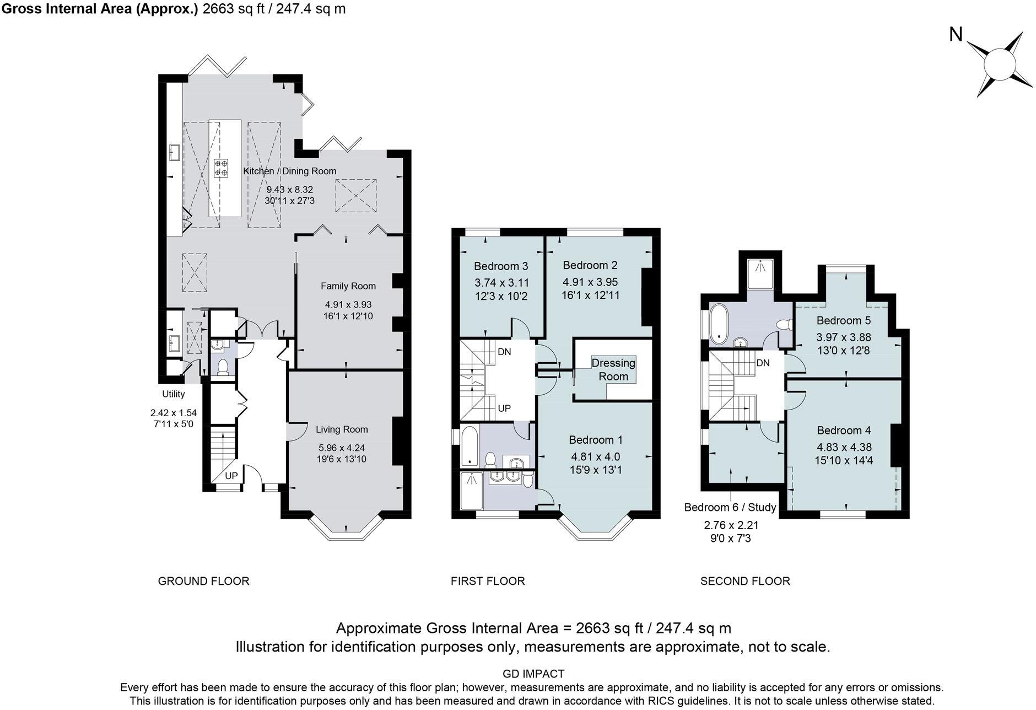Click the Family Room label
(x=348, y=286)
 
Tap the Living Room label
(x=342, y=429)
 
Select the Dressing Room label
(x=613, y=370)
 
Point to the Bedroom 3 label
(x=501, y=266)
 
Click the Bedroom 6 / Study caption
(x=730, y=507)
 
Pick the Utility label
(x=173, y=394)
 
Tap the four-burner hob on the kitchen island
(x=222, y=168)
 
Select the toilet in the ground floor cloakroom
(x=223, y=368)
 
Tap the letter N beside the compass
(x=956, y=35)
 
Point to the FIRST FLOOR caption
(x=488, y=581)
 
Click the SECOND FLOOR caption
(x=745, y=581)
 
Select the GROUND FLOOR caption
(x=203, y=581)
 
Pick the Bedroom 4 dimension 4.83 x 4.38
(x=844, y=448)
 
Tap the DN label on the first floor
(x=504, y=352)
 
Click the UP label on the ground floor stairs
(x=231, y=476)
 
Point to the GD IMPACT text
(x=533, y=674)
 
